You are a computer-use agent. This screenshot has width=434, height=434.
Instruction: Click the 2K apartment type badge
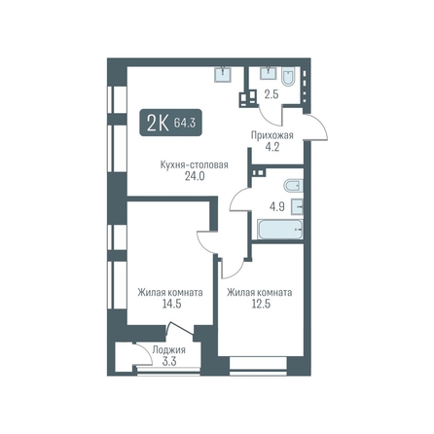click(171, 123)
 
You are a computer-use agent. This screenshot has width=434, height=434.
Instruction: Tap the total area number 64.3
click(185, 123)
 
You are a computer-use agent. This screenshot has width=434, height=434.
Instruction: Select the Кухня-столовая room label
click(195, 164)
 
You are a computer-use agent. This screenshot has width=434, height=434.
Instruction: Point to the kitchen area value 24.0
click(195, 177)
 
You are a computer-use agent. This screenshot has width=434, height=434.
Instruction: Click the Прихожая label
click(272, 135)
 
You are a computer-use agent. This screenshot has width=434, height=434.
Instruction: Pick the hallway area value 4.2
click(272, 147)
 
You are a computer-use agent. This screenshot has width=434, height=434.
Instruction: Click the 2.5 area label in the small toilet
click(271, 95)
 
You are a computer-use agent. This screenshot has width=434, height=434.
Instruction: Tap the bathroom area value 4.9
click(277, 206)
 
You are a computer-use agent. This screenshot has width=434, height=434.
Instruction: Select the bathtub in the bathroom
click(280, 230)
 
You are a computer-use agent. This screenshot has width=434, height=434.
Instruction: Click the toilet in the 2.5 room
click(288, 77)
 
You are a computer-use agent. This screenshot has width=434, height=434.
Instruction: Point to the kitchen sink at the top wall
click(223, 74)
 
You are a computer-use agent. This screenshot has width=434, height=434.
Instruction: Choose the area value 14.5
click(170, 304)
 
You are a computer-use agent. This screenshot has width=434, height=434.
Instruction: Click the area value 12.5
click(261, 304)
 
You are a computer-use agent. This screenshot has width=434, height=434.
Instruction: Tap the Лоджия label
click(169, 350)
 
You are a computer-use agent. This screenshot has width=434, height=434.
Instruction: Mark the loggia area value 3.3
click(169, 361)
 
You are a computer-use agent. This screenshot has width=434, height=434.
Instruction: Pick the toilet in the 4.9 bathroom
click(293, 187)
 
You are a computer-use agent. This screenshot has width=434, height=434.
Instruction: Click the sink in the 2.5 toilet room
click(269, 73)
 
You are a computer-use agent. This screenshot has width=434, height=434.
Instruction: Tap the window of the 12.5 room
click(259, 369)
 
